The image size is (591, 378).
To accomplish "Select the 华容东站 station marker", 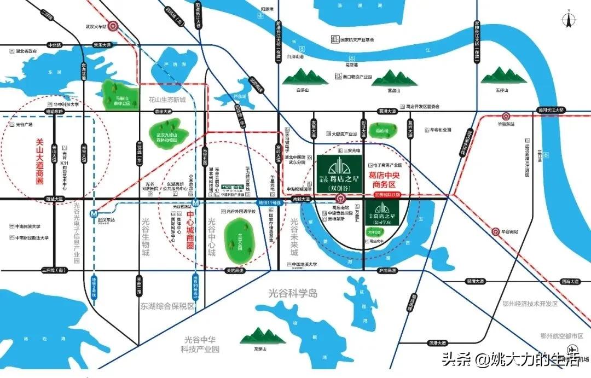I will (505, 116).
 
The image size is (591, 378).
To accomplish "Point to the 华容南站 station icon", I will (496, 231).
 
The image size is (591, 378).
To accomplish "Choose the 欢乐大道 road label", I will (102, 45).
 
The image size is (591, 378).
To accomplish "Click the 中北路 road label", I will (56, 45).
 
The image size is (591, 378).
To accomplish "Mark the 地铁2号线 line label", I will (94, 288).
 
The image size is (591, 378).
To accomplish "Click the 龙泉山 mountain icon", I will (260, 337).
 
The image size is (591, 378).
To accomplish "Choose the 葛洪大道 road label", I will (387, 111).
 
